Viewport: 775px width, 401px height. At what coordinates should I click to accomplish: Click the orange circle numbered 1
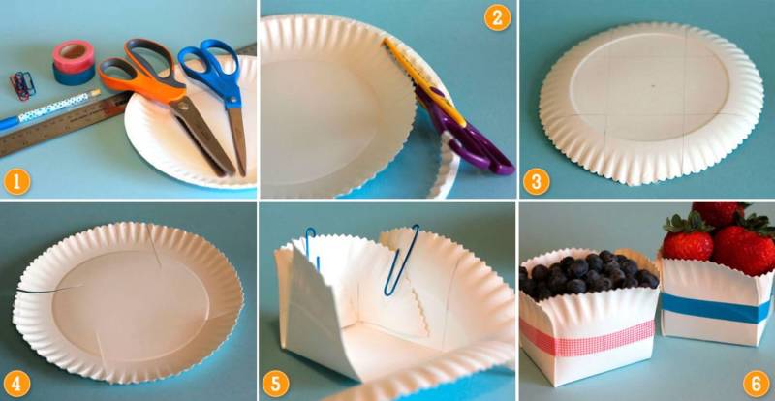tap(16, 181)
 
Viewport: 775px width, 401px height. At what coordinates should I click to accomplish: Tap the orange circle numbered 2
tap(497, 17)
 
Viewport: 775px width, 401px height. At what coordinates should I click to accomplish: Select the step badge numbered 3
tap(537, 181)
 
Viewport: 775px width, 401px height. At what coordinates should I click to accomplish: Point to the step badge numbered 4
tap(16, 385)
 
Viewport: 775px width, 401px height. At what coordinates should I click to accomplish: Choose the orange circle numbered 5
tap(276, 384)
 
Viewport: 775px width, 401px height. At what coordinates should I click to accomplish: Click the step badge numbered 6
tap(757, 384)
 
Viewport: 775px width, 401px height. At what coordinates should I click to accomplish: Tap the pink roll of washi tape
tap(74, 56)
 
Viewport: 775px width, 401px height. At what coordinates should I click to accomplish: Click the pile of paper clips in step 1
tap(22, 85)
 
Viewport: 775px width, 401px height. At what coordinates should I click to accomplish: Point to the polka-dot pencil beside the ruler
tap(49, 110)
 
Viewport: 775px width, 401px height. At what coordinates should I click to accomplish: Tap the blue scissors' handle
tap(211, 68)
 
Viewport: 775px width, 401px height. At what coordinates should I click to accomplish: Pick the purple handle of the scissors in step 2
tap(465, 135)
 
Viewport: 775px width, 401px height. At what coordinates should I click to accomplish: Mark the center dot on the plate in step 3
tap(653, 85)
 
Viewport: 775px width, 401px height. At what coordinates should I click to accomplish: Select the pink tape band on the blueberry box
tap(588, 338)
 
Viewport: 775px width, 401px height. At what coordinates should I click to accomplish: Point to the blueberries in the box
tap(588, 273)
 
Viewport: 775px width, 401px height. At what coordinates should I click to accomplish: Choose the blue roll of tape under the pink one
tap(74, 75)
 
